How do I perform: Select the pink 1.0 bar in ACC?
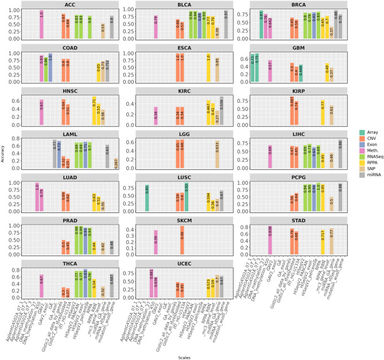(41, 24)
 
